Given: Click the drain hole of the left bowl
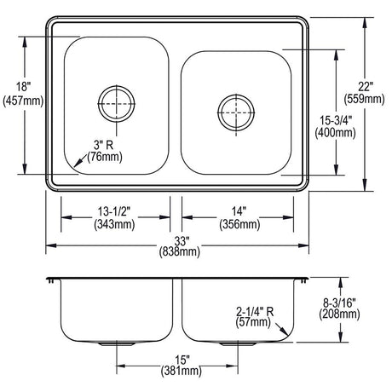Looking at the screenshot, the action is pyautogui.click(x=117, y=103).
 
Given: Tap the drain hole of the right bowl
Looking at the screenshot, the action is pyautogui.click(x=236, y=112).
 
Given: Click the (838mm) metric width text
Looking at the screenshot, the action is pyautogui.click(x=180, y=251).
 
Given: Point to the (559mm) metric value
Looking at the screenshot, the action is pyautogui.click(x=364, y=99).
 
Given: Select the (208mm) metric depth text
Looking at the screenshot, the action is pyautogui.click(x=339, y=314).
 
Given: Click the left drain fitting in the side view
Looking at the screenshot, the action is pyautogui.click(x=117, y=344).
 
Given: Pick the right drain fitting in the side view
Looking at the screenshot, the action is pyautogui.click(x=238, y=344).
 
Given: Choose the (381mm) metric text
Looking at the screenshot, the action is pyautogui.click(x=182, y=372).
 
